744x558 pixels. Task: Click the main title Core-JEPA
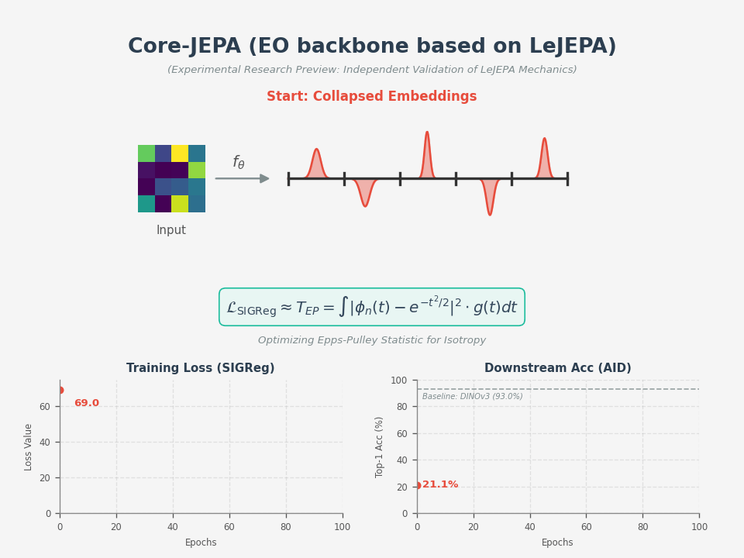(372, 46)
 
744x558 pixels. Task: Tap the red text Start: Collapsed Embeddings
(372, 97)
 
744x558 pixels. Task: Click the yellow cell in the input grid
(179, 153)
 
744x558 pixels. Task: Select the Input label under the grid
(171, 230)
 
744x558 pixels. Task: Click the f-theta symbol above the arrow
(239, 162)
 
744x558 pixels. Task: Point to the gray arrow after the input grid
(243, 178)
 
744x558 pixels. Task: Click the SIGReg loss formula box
(372, 307)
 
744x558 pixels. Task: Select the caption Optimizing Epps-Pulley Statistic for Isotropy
(372, 340)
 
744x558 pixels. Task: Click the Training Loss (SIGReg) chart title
(201, 368)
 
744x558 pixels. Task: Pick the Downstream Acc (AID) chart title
(558, 368)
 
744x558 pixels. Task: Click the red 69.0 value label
(87, 403)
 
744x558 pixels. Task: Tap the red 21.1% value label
(440, 484)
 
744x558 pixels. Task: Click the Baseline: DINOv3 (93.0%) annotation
(473, 397)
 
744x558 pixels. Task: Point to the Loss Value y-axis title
(29, 446)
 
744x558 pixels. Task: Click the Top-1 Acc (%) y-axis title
(380, 446)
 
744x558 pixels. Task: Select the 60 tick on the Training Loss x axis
(229, 527)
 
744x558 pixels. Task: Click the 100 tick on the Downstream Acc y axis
(399, 381)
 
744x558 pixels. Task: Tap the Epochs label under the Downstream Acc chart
(558, 542)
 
